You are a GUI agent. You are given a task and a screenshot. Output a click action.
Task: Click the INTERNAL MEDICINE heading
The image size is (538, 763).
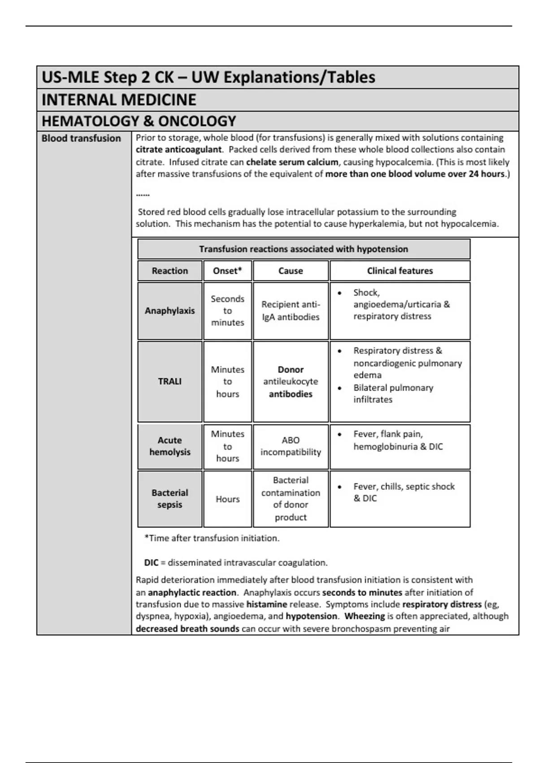[x=119, y=100]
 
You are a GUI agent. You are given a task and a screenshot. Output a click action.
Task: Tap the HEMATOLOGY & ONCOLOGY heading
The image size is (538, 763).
[x=139, y=121]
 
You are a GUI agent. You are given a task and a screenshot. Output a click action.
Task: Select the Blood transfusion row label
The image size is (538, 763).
[x=81, y=138]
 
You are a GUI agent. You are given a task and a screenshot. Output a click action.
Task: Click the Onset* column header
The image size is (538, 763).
[x=227, y=271]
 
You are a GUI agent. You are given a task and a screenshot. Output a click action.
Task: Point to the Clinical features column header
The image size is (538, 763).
[x=400, y=271]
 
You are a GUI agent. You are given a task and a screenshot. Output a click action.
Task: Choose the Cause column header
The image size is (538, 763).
[x=291, y=271]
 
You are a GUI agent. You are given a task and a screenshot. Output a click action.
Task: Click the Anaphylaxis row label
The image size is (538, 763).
[x=169, y=311]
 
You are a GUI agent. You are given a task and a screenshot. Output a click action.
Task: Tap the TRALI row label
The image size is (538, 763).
[x=169, y=381]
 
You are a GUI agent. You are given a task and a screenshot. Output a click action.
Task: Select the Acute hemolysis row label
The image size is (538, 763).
[x=169, y=446]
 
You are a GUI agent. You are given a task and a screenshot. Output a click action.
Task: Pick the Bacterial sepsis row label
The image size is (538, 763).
[x=169, y=499]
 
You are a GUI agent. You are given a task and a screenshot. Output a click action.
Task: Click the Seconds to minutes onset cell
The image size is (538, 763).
[x=227, y=311]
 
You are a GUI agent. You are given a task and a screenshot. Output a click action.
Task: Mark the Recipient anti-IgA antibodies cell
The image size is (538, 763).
[x=291, y=311]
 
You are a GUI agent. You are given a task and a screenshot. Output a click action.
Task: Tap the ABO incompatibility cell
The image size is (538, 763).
[x=291, y=446]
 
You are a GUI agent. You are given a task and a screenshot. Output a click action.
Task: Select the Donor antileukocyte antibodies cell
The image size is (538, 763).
[x=291, y=381]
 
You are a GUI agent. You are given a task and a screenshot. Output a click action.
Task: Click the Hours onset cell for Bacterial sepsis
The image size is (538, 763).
[x=227, y=499]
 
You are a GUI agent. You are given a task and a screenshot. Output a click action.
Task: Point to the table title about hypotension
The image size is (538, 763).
[x=304, y=249]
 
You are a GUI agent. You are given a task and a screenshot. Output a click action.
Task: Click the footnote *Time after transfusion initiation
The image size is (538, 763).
[x=212, y=538]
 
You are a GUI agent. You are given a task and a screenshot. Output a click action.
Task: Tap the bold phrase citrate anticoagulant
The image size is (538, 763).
[x=179, y=149]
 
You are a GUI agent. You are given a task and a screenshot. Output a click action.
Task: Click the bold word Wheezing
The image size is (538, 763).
[x=364, y=616]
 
